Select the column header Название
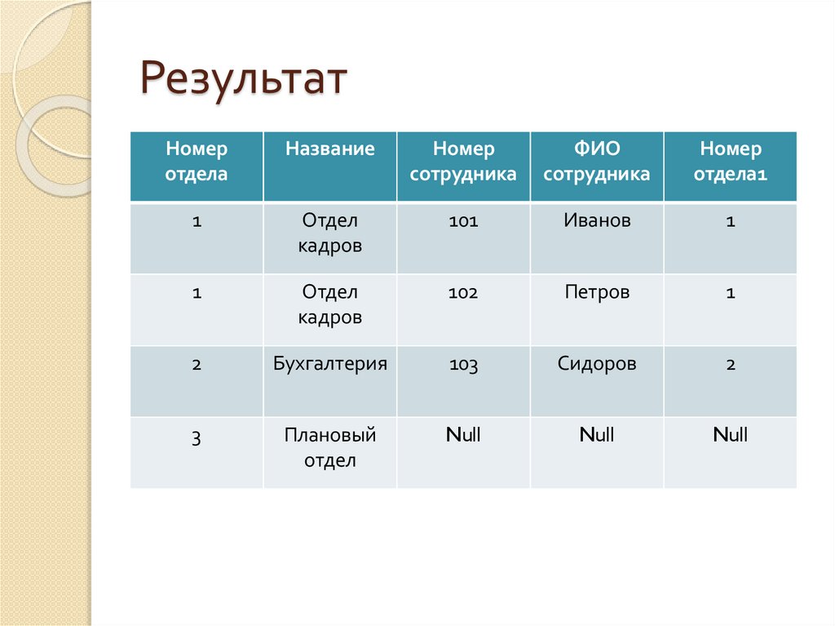329,149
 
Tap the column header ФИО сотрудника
597,162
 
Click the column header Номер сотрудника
463,162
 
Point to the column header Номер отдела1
730,162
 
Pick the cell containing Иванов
597,220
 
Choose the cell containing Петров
597,292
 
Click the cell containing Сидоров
597,364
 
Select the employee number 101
463,221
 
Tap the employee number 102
463,293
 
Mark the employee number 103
463,365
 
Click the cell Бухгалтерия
329,364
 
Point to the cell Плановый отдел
329,447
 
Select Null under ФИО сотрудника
597,435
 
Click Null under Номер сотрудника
463,435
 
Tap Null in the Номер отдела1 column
730,435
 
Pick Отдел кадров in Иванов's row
329,233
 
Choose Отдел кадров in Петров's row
329,304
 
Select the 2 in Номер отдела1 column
730,365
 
